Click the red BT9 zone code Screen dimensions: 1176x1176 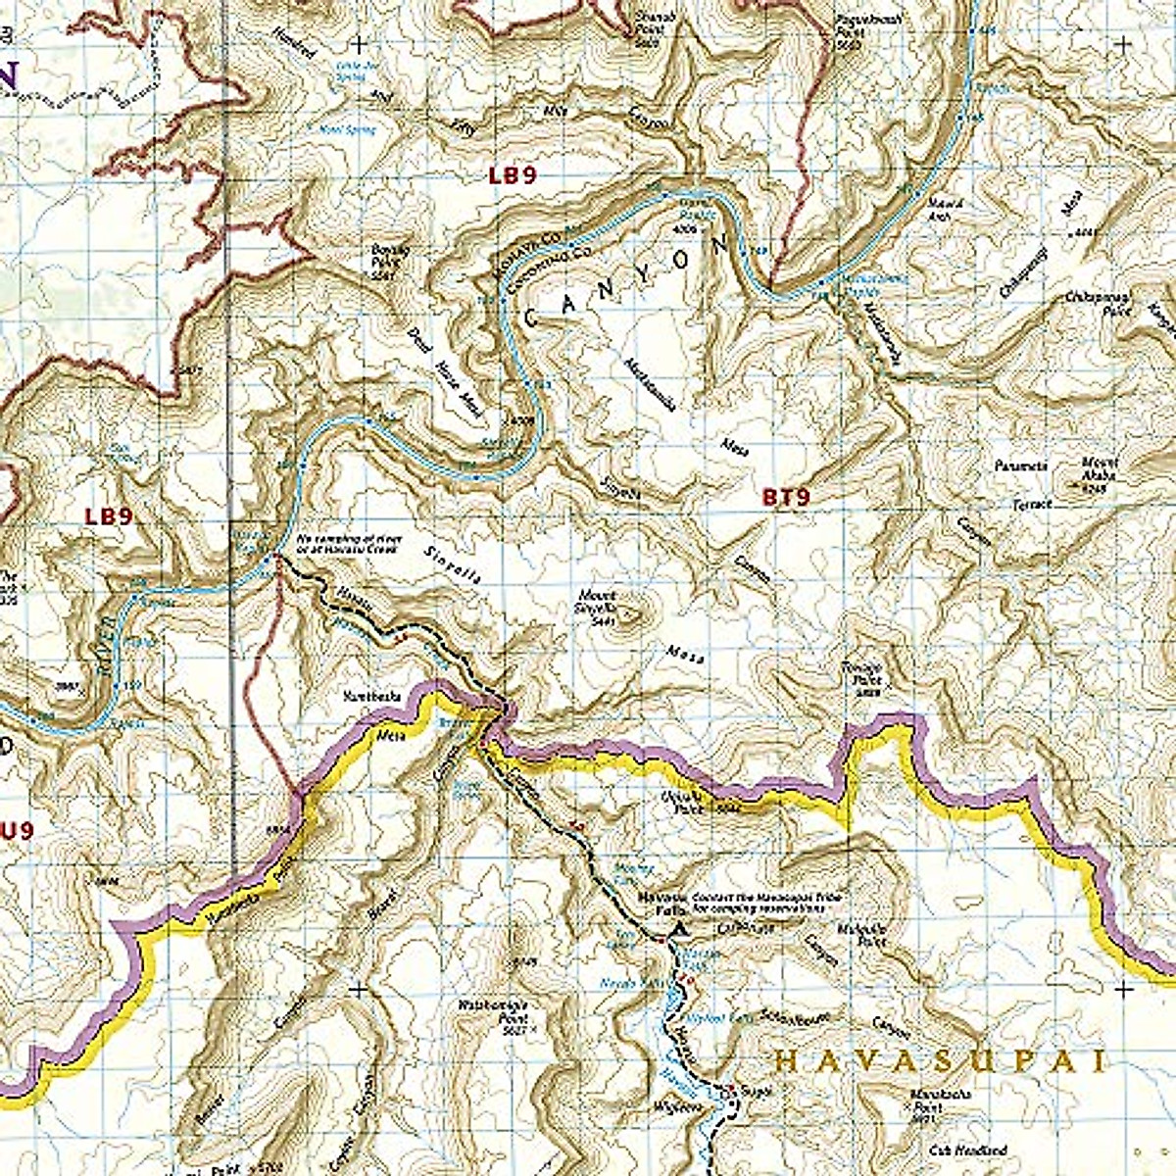pos(786,498)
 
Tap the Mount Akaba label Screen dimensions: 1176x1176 pos(1099,467)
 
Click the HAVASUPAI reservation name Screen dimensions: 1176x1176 pos(939,1061)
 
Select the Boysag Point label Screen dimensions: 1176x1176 pos(389,257)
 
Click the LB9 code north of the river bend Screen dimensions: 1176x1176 pos(514,176)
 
